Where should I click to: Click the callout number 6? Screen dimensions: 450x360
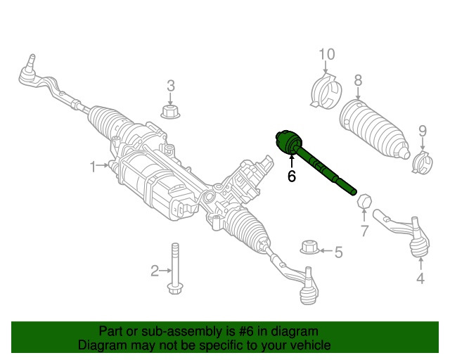[x=291, y=176]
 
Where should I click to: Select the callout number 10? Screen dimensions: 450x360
[x=326, y=54]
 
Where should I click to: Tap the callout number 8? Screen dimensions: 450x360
[x=358, y=81]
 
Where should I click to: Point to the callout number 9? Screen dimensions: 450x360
[x=423, y=131]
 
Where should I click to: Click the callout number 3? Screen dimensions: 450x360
[x=171, y=86]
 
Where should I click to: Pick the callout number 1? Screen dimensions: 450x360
[x=93, y=167]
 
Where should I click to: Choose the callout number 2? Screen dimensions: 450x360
[x=155, y=271]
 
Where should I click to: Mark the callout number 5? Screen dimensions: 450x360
[x=339, y=252]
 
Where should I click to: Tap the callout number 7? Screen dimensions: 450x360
[x=364, y=231]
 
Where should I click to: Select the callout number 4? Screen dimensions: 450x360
[x=420, y=278]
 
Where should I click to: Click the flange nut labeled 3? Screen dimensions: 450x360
[x=170, y=112]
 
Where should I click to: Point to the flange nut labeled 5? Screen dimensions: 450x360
[x=309, y=247]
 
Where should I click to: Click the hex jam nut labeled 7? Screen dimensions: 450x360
[x=364, y=201]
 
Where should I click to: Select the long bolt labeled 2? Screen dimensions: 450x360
[x=175, y=269]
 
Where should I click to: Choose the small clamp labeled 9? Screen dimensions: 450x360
[x=422, y=162]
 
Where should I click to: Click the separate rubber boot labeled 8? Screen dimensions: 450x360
[x=374, y=129]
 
